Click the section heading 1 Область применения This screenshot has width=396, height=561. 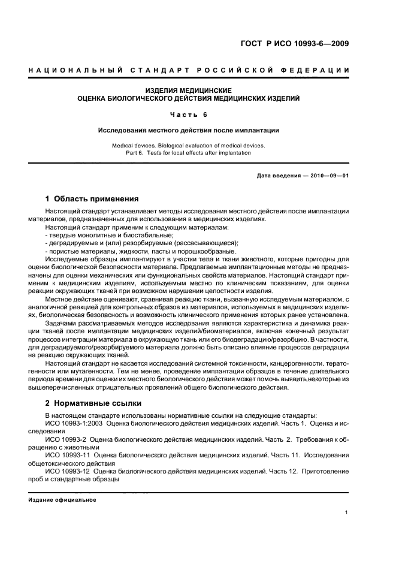pos(92,199)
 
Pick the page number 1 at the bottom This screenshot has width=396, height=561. pos(347,512)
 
